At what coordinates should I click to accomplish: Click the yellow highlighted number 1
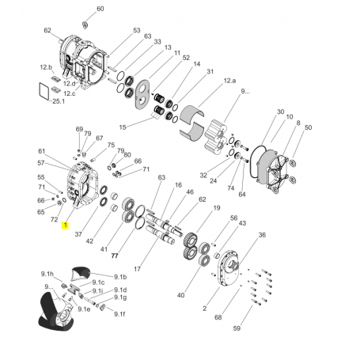coord(65,225)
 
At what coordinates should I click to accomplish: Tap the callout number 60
coord(100,9)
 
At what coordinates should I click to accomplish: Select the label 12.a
coord(229,81)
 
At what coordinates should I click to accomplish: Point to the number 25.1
coord(59,101)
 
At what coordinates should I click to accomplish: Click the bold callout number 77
coord(115,256)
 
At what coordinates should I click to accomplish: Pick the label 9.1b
coord(120,277)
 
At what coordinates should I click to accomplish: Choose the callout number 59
coord(237,328)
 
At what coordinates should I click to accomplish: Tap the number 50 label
coord(308,127)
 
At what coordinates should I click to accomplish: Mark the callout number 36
coord(262,235)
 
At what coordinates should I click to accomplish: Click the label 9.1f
coord(119,314)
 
